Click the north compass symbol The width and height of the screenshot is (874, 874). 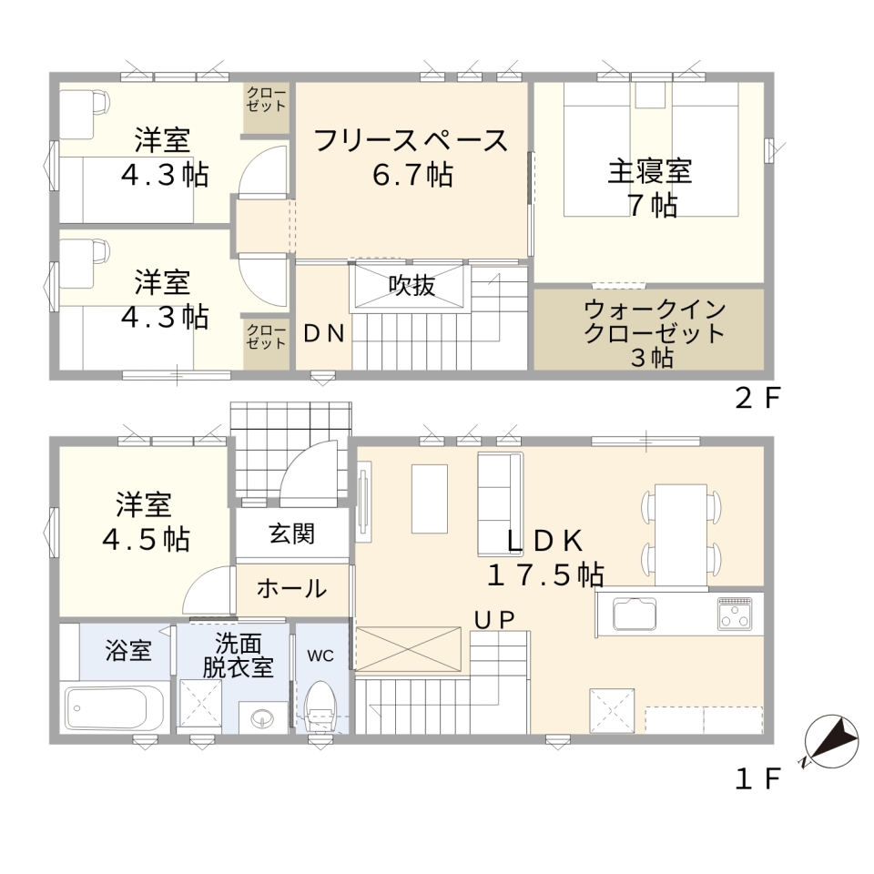pos(831,741)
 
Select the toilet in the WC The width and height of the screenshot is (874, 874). pos(321,705)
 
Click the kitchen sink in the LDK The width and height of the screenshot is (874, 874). pos(635,613)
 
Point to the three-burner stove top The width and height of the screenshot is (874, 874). pos(734,613)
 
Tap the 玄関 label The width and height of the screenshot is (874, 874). pos(291,534)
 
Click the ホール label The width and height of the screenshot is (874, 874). pos(291,589)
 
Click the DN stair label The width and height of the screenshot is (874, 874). pos(324,333)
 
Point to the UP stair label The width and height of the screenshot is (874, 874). pos(493,619)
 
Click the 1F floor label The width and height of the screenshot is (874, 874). pos(757,779)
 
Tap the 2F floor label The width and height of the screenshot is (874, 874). pos(758,398)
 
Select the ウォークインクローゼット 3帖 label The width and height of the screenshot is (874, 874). pos(654,333)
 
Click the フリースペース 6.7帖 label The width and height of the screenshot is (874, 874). pos(412,158)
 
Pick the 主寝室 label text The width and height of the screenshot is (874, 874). pos(650,171)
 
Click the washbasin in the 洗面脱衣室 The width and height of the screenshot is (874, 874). pos(263,716)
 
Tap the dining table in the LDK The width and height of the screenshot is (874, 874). pos(681,534)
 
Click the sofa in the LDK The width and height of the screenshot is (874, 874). pos(500,503)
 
